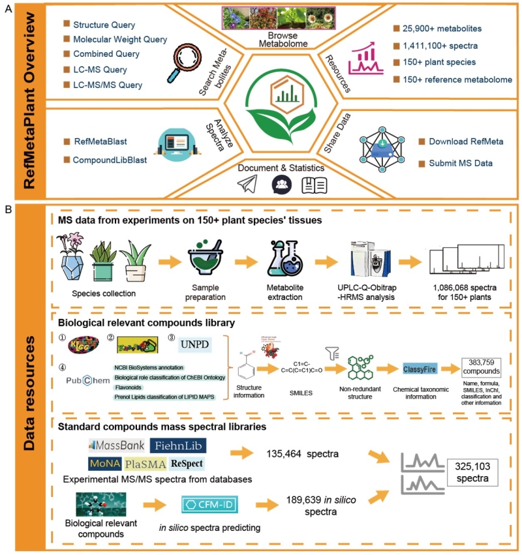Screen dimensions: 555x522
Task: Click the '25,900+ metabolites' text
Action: coord(444,29)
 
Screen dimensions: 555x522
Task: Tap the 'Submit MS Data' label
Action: coord(461,162)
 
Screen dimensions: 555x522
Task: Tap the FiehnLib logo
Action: coord(178,445)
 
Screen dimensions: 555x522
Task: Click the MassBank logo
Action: coord(116,445)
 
